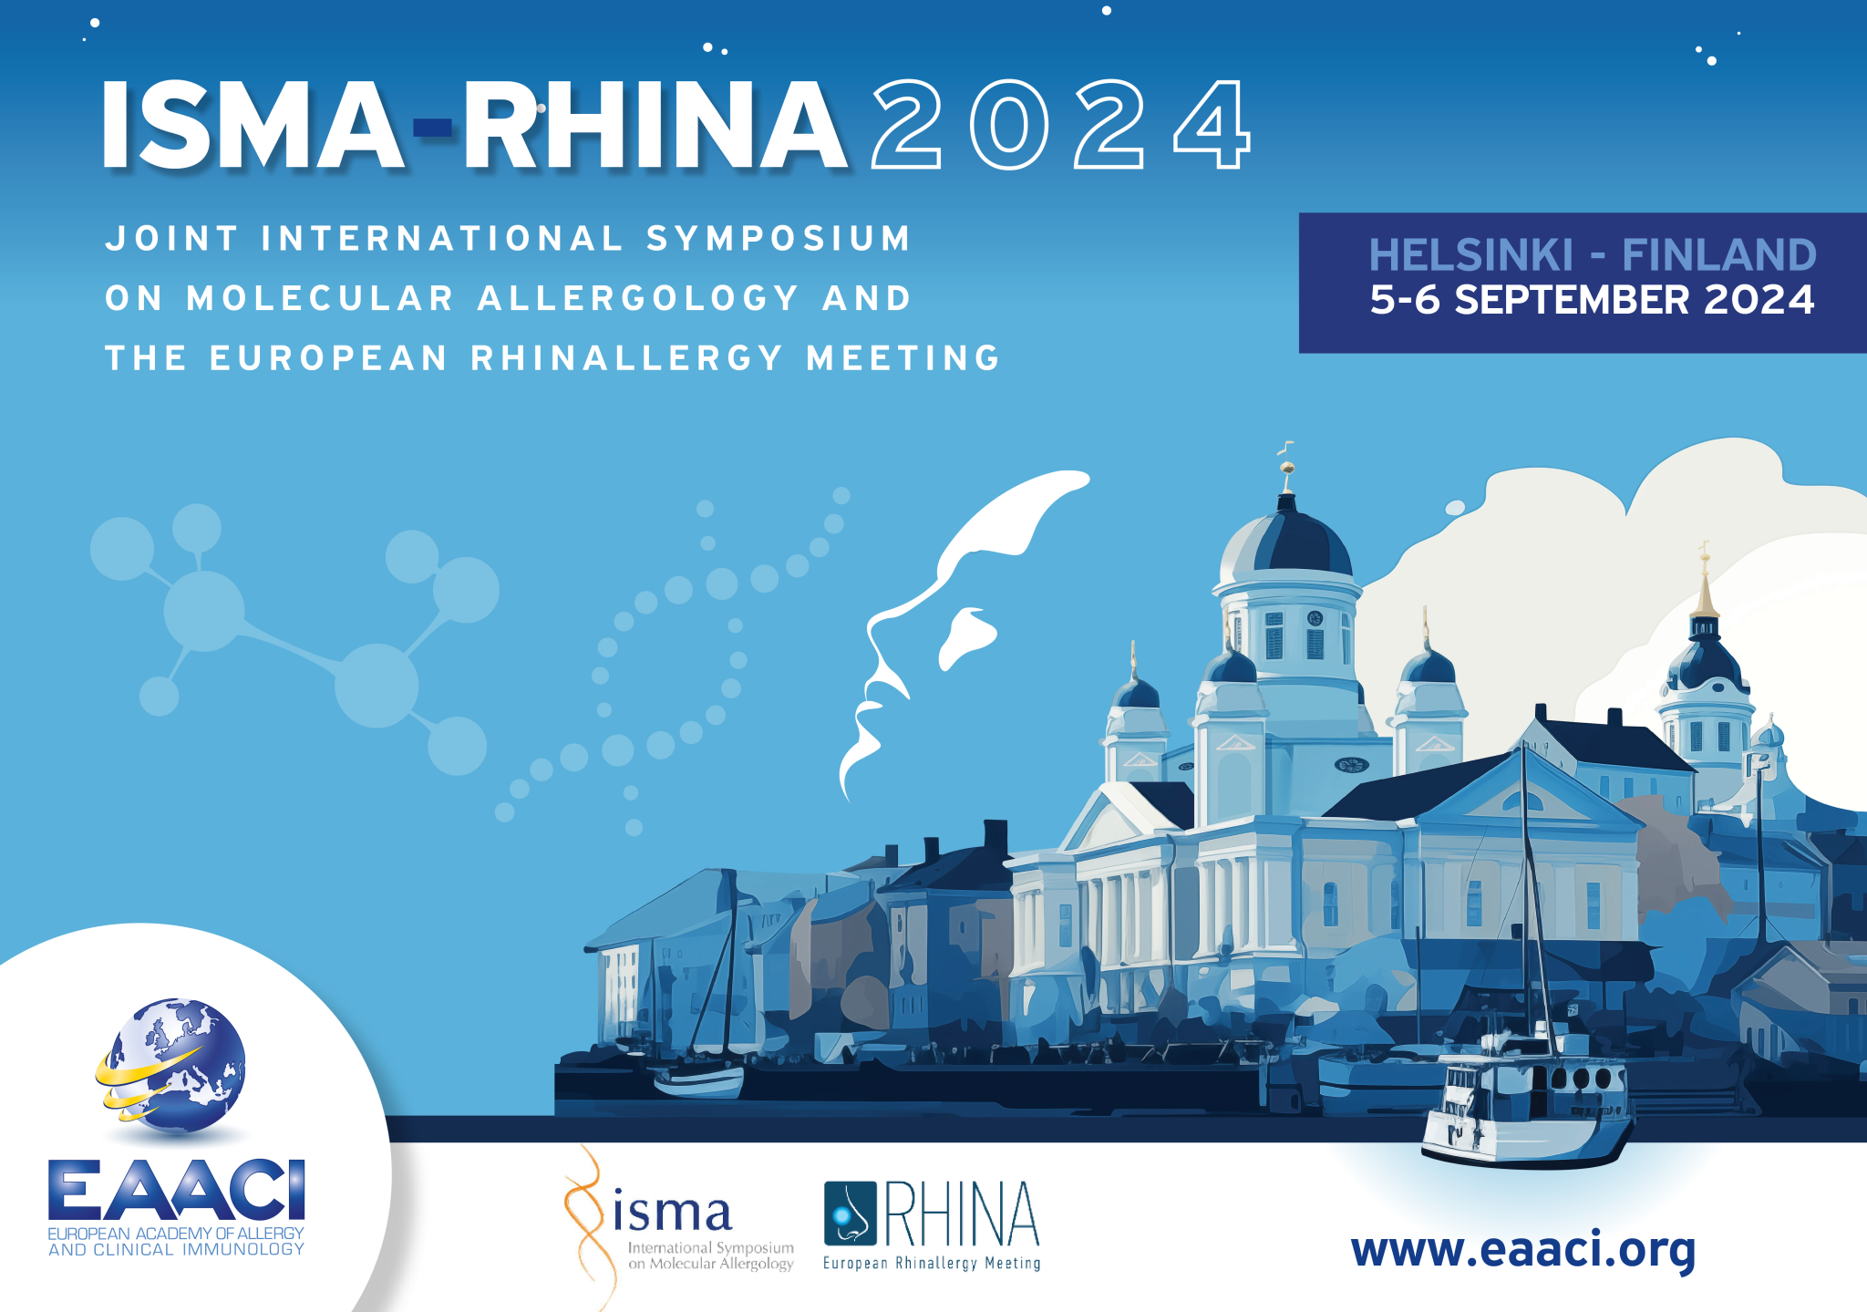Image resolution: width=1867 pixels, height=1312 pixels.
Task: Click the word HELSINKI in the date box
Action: pos(1470,255)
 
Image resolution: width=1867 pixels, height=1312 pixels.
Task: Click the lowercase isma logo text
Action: pos(672,1212)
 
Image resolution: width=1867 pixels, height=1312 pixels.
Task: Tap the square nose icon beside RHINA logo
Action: pos(850,1214)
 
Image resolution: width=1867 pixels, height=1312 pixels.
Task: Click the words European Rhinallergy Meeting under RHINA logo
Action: pos(931,1264)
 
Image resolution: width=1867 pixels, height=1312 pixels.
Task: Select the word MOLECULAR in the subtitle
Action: pos(320,298)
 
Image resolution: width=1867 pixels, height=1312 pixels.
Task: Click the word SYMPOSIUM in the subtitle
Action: pos(779,239)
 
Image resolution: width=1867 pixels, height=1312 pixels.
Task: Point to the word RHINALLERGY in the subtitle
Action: pos(626,357)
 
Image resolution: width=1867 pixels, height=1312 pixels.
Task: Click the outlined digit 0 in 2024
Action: pos(1009,125)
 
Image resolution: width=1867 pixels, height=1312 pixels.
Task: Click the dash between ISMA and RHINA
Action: pos(433,127)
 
